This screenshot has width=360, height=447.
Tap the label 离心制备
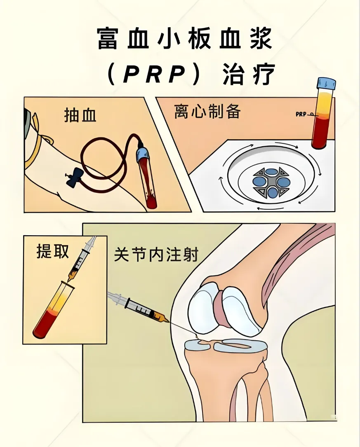(x=207, y=111)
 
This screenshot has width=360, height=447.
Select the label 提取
(x=53, y=251)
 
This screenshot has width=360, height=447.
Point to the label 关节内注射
(x=156, y=254)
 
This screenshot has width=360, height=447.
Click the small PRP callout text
(x=301, y=114)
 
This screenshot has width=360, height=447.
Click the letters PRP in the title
(x=154, y=75)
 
